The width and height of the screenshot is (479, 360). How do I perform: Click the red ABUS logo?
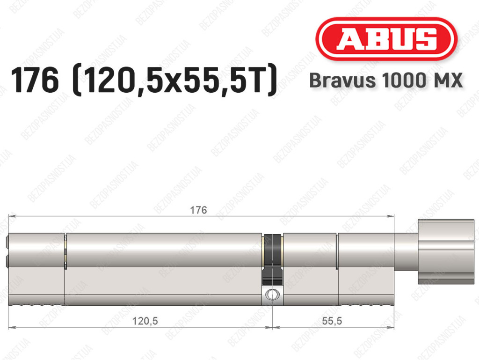click(386, 39)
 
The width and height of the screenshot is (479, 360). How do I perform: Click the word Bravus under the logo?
click(342, 81)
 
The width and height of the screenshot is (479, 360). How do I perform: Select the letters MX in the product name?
click(446, 81)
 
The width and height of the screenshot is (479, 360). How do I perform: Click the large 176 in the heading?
click(35, 81)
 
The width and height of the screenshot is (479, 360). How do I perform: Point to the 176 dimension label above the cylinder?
click(198, 210)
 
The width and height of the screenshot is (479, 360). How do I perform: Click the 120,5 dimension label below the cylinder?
click(145, 321)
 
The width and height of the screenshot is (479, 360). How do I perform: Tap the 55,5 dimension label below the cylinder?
click(332, 321)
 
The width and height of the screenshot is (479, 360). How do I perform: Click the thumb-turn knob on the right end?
click(446, 251)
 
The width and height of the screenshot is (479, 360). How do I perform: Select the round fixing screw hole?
click(272, 295)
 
